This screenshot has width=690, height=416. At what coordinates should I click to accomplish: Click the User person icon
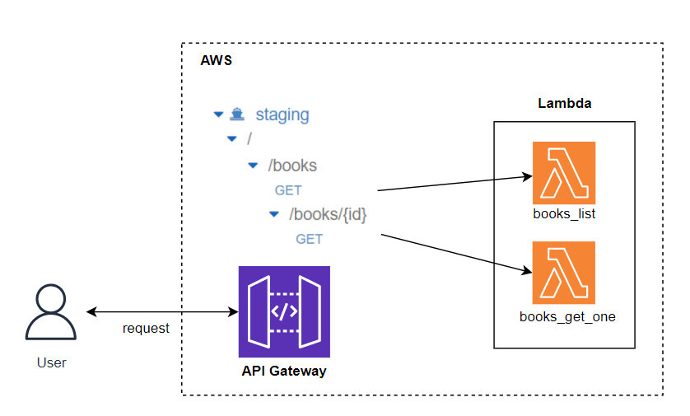click(x=51, y=312)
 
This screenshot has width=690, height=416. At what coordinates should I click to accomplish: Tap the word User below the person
click(x=52, y=362)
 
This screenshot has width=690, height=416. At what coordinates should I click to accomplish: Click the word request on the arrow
click(x=146, y=329)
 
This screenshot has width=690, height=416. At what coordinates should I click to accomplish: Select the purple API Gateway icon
click(x=284, y=311)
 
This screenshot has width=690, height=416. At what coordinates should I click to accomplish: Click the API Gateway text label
click(x=284, y=372)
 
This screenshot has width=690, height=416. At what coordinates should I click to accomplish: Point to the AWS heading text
click(x=216, y=62)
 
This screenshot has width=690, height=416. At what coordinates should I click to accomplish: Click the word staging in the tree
click(x=282, y=115)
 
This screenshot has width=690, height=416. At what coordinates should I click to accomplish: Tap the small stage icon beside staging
click(x=238, y=115)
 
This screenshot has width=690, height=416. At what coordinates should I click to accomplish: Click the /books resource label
click(x=292, y=166)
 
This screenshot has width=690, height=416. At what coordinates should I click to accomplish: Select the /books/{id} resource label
click(x=328, y=214)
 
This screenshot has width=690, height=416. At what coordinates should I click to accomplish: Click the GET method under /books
click(x=288, y=190)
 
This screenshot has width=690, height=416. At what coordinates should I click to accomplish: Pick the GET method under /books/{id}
click(x=310, y=240)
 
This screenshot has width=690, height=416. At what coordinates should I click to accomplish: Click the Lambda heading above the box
click(x=564, y=104)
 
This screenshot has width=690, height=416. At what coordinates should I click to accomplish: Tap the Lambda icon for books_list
click(x=564, y=173)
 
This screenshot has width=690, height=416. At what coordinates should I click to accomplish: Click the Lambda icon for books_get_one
click(x=564, y=273)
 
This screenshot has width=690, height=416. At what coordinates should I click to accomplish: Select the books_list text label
click(x=564, y=215)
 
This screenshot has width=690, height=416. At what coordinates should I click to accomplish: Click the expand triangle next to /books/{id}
click(x=273, y=214)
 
